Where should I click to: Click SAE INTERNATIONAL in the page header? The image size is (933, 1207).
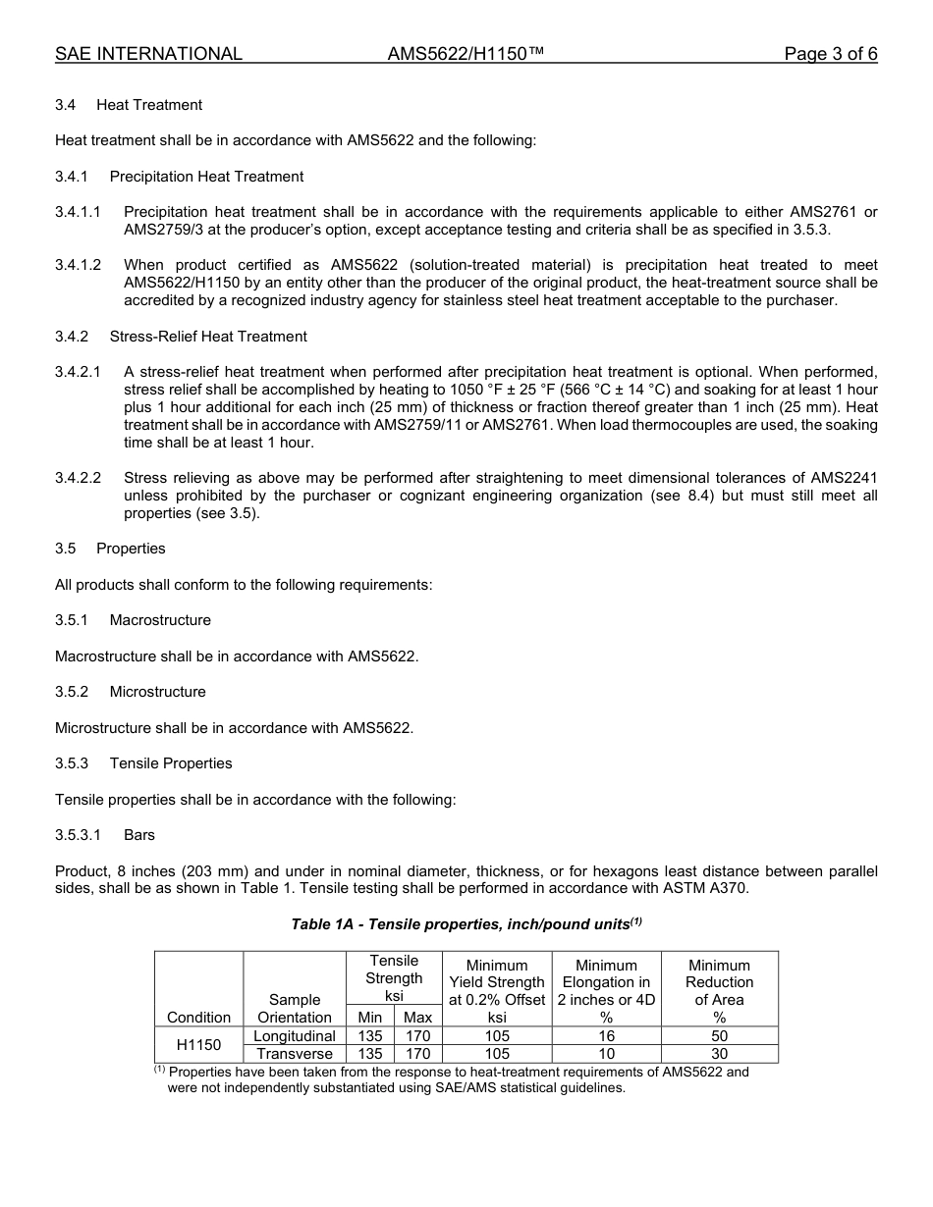click(148, 54)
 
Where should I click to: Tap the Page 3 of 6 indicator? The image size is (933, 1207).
click(830, 54)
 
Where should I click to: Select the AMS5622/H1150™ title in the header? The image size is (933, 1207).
click(466, 54)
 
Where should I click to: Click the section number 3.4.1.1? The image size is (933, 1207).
click(78, 212)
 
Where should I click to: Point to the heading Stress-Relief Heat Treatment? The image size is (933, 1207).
click(208, 337)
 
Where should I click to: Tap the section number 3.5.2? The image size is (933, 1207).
click(72, 692)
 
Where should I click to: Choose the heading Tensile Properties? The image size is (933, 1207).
click(171, 763)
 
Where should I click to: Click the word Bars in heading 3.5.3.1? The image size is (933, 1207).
click(139, 835)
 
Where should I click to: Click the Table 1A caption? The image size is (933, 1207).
click(466, 923)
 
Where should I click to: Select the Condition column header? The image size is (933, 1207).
click(198, 1018)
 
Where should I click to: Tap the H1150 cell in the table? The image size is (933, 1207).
click(198, 1045)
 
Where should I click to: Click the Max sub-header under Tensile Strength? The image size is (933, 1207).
click(417, 1018)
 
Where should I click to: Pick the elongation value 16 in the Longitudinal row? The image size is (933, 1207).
click(606, 1036)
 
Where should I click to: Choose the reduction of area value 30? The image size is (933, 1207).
click(719, 1054)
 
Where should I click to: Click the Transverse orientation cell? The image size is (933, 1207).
click(295, 1054)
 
